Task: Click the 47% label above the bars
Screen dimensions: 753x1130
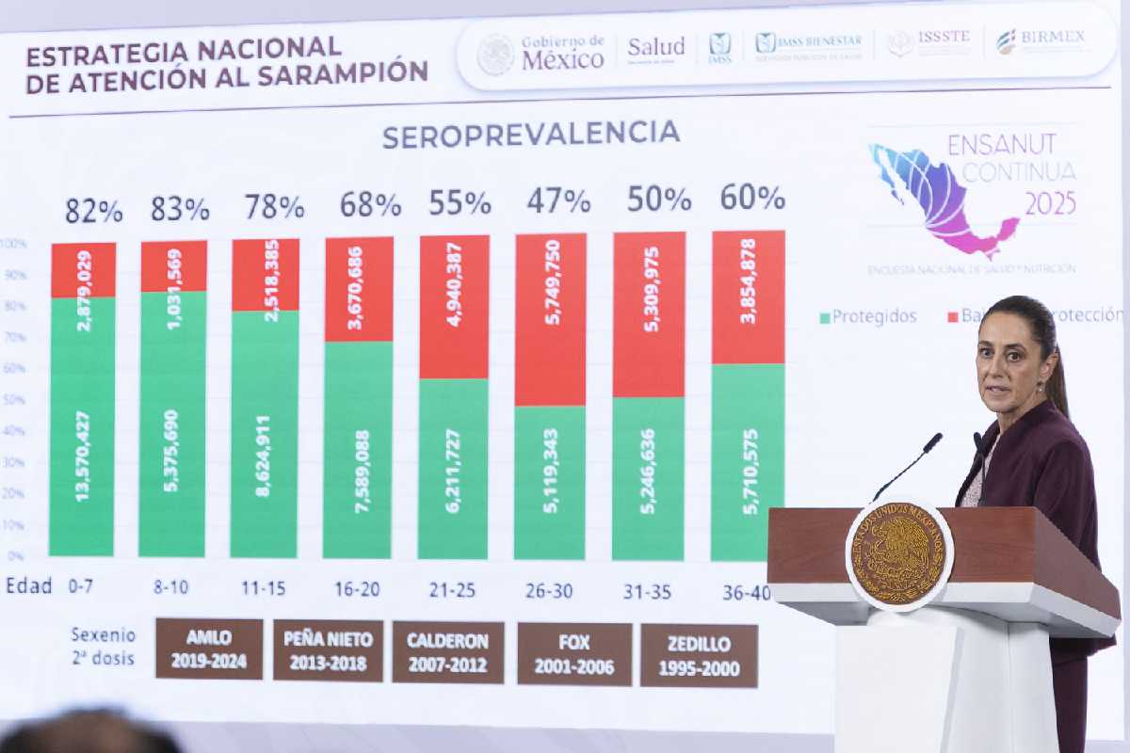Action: tap(558, 200)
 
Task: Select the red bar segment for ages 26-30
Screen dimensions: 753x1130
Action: tap(551, 320)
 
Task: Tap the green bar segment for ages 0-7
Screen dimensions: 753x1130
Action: tap(82, 425)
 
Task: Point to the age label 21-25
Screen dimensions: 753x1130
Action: tap(453, 589)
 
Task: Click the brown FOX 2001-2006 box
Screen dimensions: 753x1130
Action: tap(573, 654)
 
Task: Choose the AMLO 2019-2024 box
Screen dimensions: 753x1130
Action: tap(209, 649)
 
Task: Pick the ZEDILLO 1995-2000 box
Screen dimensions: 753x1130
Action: tap(699, 656)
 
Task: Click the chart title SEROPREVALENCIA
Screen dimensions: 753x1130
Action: tap(531, 135)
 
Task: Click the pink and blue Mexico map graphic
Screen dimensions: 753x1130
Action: tap(942, 199)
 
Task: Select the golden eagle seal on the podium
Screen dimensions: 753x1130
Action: tap(898, 553)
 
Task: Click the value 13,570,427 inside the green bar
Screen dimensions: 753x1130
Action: tap(83, 456)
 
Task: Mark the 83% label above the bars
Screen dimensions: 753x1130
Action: tap(180, 209)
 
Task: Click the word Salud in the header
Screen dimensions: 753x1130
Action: tap(656, 47)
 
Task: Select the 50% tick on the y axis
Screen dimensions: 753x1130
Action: tap(15, 400)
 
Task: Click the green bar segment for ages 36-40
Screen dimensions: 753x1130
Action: tap(749, 461)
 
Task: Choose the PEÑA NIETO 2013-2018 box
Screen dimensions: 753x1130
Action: tap(329, 650)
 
